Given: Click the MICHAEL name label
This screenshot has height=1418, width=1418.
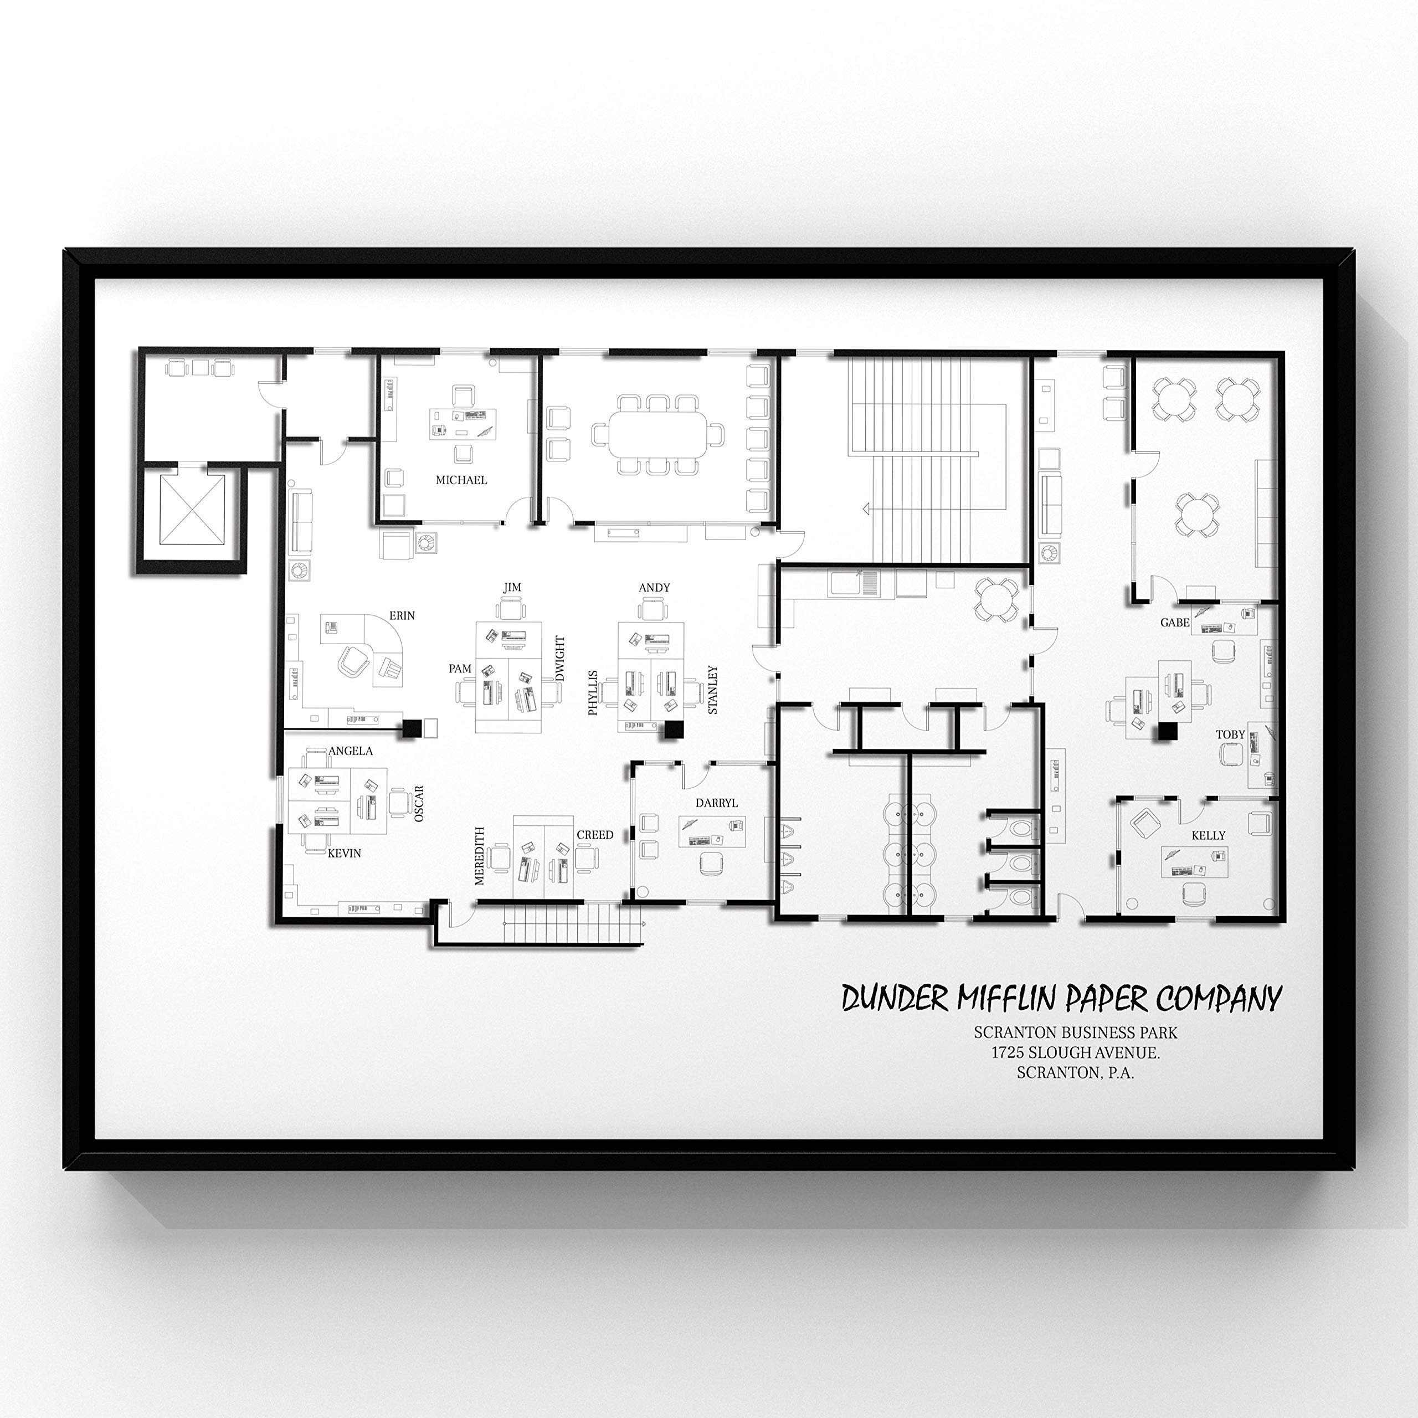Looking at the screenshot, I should pyautogui.click(x=461, y=480).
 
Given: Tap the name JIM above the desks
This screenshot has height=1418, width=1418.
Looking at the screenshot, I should pyautogui.click(x=512, y=587).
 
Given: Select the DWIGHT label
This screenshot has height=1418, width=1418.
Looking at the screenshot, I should pyautogui.click(x=561, y=659).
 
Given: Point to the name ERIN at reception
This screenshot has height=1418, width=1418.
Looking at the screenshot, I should pyautogui.click(x=402, y=616).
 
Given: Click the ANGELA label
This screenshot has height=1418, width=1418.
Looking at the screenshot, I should pyautogui.click(x=350, y=751).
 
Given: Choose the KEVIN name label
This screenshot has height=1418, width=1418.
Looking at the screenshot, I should pyautogui.click(x=343, y=853).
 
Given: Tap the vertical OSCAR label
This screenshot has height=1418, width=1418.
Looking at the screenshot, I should pyautogui.click(x=419, y=803).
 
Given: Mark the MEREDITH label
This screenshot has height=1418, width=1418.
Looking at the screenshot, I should pyautogui.click(x=480, y=856).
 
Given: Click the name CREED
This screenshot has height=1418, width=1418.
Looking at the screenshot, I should pyautogui.click(x=594, y=835).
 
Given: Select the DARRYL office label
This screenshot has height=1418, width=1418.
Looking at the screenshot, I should pyautogui.click(x=716, y=803).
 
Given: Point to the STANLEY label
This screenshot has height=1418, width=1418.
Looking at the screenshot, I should pyautogui.click(x=712, y=690).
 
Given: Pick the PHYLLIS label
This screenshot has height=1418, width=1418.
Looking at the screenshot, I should pyautogui.click(x=593, y=692).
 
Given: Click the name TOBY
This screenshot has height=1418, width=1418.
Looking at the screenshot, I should pyautogui.click(x=1230, y=734).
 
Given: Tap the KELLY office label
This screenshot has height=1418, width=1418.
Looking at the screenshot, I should pyautogui.click(x=1208, y=835).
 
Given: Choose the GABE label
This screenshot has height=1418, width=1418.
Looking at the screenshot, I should pyautogui.click(x=1174, y=623).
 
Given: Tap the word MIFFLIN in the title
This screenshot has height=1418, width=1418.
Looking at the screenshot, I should pyautogui.click(x=1009, y=999).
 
